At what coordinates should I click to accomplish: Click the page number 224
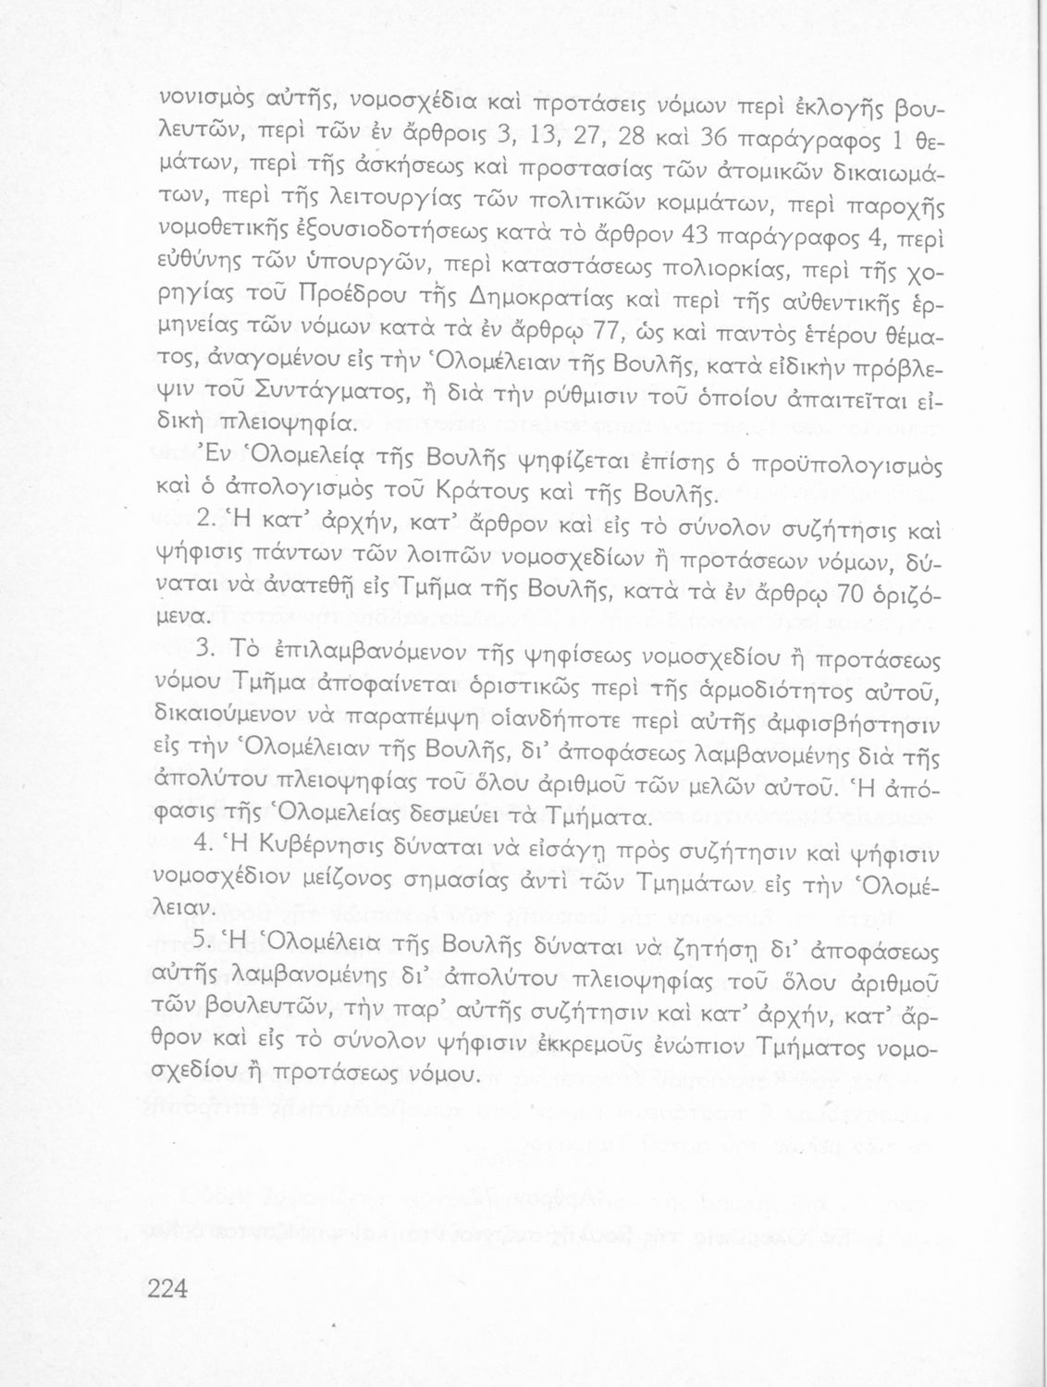coord(167,1287)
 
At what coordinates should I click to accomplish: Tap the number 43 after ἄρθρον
coord(694,236)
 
